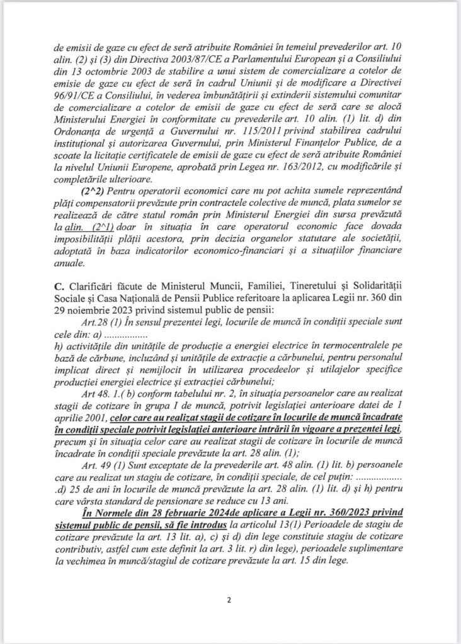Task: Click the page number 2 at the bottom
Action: click(x=230, y=599)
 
